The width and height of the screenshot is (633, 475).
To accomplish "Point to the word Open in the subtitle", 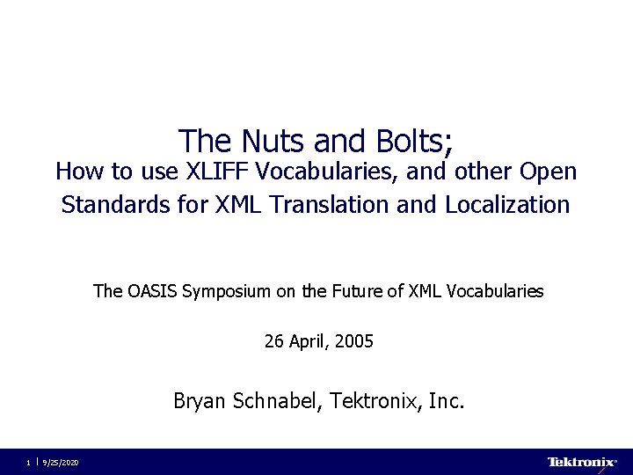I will point(547,171).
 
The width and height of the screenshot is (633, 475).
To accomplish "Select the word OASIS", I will point(151,290).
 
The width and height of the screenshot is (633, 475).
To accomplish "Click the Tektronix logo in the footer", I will point(581,462).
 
